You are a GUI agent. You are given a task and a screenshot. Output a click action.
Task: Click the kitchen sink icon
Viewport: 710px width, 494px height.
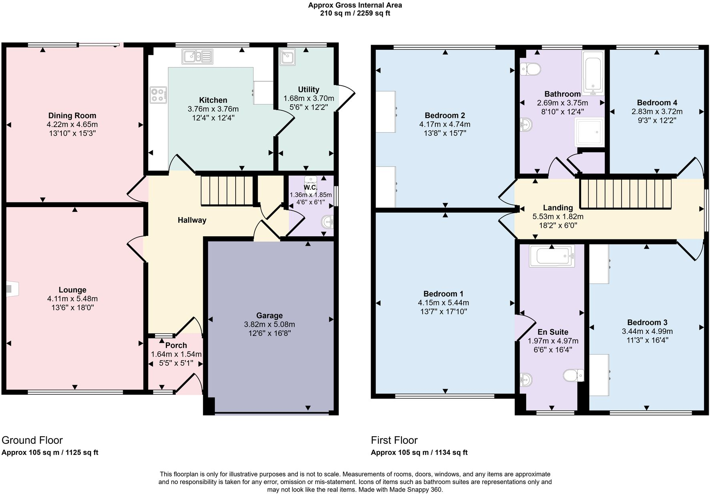tap(197, 56)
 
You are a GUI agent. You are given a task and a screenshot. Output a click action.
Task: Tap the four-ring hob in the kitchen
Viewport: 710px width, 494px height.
tap(158, 95)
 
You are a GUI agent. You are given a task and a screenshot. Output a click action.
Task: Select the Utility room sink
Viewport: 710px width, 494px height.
tap(287, 57)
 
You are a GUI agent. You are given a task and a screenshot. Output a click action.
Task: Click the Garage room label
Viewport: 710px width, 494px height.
tap(269, 316)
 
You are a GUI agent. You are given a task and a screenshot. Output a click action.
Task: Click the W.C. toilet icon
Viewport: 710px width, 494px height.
tap(311, 180)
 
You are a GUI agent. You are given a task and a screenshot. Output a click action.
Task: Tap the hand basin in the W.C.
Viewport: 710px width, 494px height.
tap(328, 222)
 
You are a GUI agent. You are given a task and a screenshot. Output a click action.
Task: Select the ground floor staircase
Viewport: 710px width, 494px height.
tap(226, 190)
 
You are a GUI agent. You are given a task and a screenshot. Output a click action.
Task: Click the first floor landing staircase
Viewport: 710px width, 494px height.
tap(625, 194)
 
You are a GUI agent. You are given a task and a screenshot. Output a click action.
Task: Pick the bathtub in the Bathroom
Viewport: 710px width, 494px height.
tap(593, 73)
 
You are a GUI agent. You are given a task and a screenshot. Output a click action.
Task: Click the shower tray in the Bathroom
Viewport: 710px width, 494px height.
tap(590, 132)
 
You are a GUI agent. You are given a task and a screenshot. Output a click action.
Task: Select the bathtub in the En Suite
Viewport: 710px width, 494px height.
tap(552, 256)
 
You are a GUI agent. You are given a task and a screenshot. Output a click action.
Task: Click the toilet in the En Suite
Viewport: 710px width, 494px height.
tap(573, 375)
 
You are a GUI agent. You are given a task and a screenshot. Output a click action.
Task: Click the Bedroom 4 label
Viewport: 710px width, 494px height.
tap(657, 103)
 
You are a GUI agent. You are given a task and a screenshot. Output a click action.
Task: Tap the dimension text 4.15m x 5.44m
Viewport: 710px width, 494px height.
tap(443, 303)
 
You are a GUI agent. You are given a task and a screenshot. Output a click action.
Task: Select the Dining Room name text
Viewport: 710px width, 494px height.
tap(72, 116)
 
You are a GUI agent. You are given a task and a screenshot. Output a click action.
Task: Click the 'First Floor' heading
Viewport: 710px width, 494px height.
tap(394, 440)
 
